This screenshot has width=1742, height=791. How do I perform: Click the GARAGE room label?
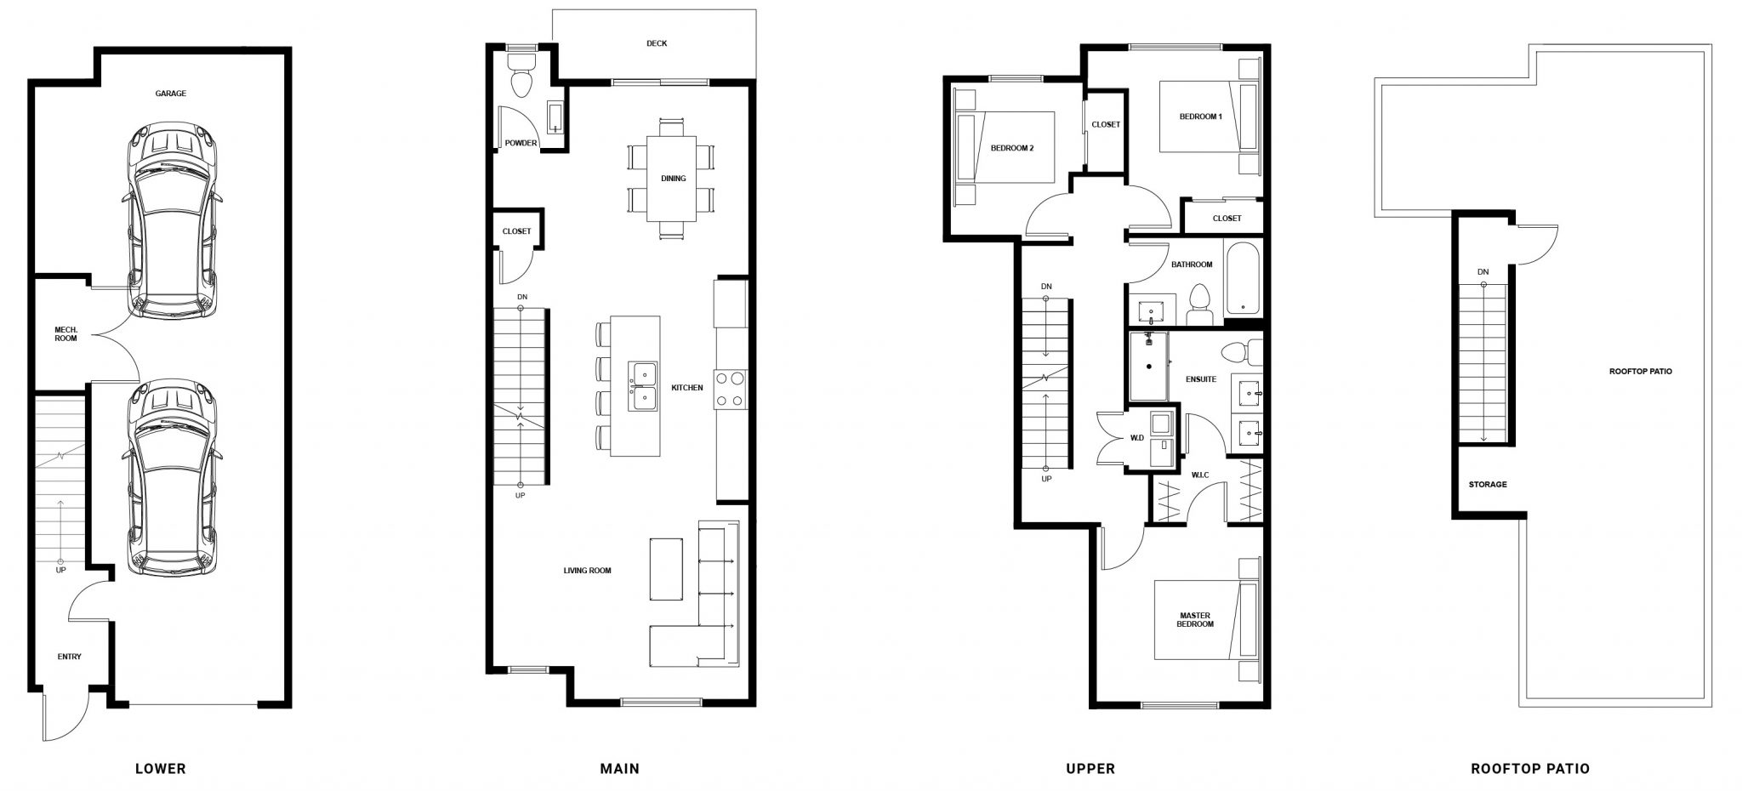170,94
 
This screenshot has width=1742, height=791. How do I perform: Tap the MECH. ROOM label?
65,334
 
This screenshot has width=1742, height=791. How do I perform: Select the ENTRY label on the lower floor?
70,657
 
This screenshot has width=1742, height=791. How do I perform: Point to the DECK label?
657,43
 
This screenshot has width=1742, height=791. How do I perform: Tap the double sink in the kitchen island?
643,386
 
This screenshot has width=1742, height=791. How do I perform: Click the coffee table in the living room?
667,569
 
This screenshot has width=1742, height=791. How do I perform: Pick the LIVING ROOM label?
587,571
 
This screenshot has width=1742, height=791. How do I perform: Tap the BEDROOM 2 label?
1012,148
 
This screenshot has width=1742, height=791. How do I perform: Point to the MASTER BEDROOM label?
1195,619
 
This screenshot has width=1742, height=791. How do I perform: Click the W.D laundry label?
1136,439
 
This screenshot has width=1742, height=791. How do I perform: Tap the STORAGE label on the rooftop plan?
1488,485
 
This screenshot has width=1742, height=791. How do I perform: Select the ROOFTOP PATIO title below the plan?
1530,769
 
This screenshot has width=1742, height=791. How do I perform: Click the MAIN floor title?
620,769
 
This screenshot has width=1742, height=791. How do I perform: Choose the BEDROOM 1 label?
1201,117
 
